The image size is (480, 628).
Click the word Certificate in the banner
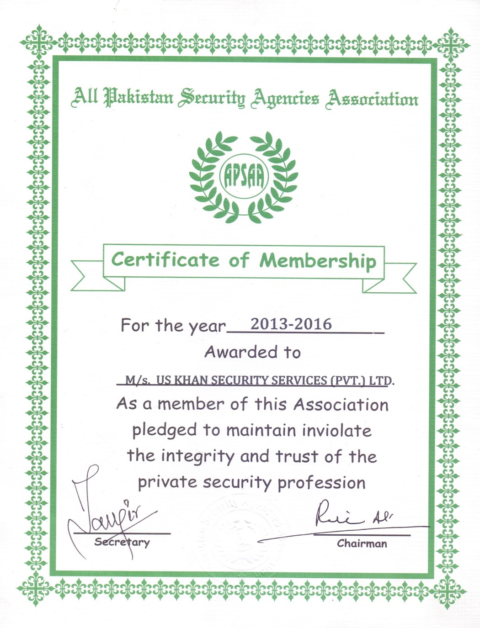[x=165, y=260]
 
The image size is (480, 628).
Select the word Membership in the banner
[x=318, y=261]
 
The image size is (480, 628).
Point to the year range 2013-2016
[x=291, y=324]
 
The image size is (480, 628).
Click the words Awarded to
[x=252, y=352]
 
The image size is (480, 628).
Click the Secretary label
[x=122, y=542]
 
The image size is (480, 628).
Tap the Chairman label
[x=362, y=544]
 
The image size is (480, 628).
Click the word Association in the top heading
[x=371, y=99]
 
